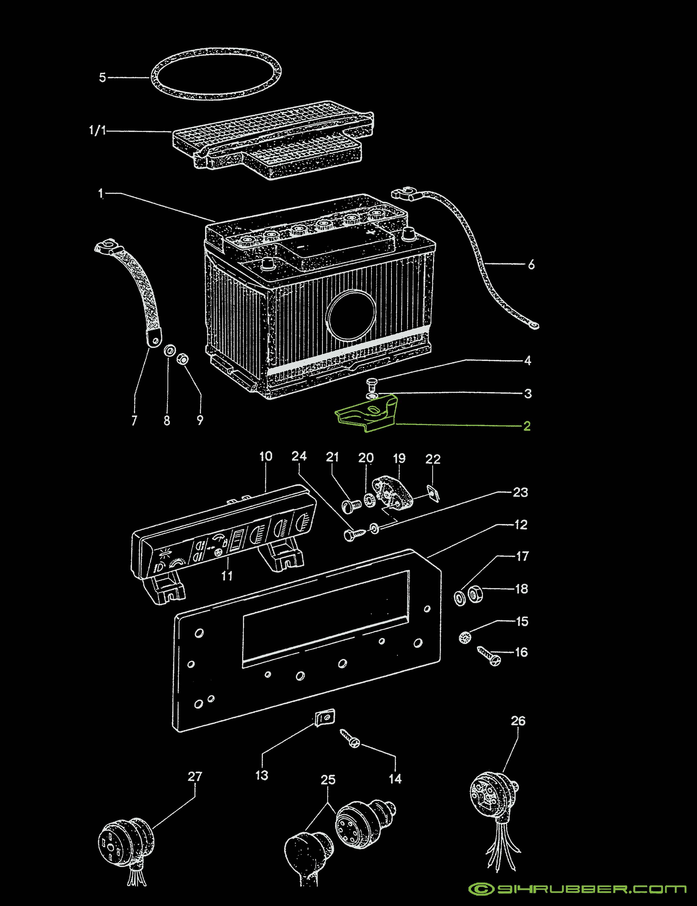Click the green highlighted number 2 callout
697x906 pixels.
(527, 426)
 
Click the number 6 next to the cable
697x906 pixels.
(531, 265)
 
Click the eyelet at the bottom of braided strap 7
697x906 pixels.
(154, 341)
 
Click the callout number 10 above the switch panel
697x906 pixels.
(266, 456)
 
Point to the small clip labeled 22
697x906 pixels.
(434, 493)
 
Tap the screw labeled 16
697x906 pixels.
(489, 655)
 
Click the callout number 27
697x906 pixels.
(195, 776)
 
